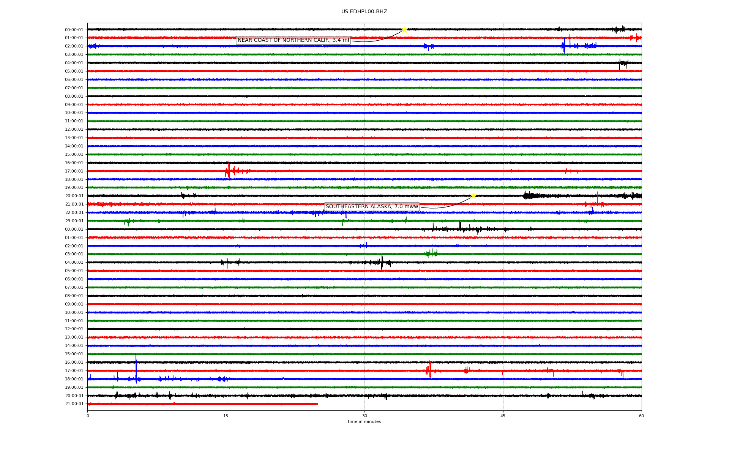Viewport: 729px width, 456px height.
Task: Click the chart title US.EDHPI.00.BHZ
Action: (x=364, y=12)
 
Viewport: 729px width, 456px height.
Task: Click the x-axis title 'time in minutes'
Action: (x=364, y=421)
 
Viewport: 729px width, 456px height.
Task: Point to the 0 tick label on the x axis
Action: (x=88, y=416)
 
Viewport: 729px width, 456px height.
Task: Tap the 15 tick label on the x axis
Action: (x=226, y=416)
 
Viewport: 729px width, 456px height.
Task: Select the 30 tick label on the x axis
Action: (x=364, y=416)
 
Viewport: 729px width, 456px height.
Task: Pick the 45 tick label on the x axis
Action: (x=503, y=416)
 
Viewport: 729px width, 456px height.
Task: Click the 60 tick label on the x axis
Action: (x=641, y=416)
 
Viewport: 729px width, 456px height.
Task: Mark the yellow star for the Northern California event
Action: (x=404, y=30)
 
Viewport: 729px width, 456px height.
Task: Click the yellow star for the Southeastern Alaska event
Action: (x=473, y=196)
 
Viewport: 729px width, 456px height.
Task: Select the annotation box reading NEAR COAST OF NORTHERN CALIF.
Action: (x=293, y=40)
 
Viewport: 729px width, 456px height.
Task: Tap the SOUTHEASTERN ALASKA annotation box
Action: (x=372, y=207)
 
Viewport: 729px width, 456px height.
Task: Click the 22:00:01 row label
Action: (x=74, y=212)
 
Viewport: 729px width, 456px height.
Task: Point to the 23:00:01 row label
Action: (x=74, y=221)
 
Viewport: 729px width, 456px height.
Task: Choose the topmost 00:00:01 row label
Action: (x=74, y=30)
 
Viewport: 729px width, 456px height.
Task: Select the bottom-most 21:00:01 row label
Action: (x=74, y=404)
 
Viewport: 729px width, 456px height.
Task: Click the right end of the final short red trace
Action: (x=317, y=404)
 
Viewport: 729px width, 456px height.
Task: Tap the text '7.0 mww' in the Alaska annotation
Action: (x=406, y=207)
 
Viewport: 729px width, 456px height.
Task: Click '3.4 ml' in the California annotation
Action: (x=341, y=40)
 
